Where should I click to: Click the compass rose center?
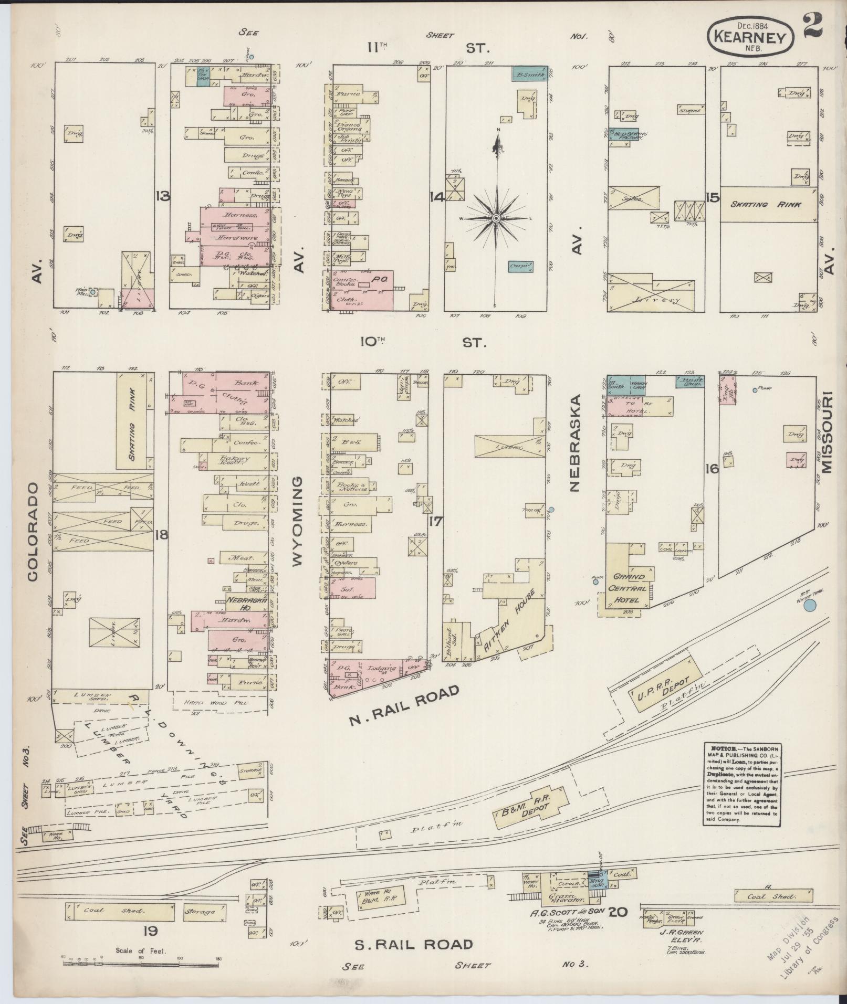click(496, 218)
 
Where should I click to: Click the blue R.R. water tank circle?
click(810, 606)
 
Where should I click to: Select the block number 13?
click(162, 197)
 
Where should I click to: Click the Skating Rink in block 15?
click(768, 205)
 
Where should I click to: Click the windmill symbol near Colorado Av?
click(93, 291)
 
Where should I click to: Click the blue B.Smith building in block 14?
click(529, 75)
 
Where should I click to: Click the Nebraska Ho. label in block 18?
click(247, 604)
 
